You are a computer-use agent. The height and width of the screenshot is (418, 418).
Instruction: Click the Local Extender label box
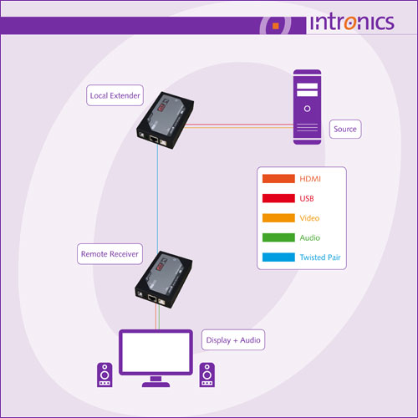115,95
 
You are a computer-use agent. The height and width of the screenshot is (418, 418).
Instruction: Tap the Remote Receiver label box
110,254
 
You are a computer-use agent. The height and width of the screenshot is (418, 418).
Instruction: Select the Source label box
345,129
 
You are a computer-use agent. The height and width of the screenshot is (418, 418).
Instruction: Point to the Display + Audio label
233,340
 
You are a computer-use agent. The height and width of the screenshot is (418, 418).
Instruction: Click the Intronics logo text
352,23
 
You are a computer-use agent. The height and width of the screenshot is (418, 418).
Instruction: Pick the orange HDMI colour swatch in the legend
278,179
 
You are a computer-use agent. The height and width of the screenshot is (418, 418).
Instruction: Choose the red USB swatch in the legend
278,198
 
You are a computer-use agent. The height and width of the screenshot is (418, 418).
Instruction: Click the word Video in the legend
309,218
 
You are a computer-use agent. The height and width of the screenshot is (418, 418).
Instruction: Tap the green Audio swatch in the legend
278,237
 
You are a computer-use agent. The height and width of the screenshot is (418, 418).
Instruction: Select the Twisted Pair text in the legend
320,257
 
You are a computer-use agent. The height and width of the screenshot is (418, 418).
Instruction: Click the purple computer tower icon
307,107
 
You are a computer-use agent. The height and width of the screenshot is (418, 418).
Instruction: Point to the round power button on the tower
307,109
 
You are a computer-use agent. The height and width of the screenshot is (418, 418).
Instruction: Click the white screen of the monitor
155,352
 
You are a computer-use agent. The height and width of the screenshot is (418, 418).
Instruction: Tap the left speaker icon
104,375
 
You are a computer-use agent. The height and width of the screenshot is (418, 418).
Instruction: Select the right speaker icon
207,375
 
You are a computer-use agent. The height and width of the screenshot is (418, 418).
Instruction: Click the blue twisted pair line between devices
157,198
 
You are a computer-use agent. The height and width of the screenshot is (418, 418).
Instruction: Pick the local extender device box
165,120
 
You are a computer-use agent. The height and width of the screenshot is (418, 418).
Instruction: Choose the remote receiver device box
164,279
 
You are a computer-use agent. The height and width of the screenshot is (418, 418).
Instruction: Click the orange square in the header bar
276,26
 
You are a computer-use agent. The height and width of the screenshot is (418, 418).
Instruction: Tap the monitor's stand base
155,385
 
